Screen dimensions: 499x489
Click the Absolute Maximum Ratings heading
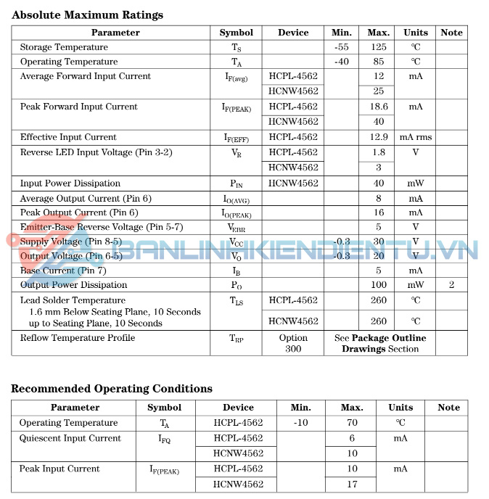coord(87,15)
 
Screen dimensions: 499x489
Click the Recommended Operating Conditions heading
coord(112,389)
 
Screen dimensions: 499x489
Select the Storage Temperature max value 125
coord(379,47)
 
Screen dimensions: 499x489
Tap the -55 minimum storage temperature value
coord(342,47)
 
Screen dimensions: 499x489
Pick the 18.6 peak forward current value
coord(379,107)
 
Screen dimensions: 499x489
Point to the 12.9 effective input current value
coord(379,137)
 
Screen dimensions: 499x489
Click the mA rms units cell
coord(415,137)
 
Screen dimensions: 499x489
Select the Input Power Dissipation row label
coord(70,183)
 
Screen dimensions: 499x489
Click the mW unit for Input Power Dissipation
coord(416,183)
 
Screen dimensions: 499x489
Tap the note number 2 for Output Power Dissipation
coord(451,285)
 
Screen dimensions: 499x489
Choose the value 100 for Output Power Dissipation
coord(379,285)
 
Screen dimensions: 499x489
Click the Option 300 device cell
coord(293,343)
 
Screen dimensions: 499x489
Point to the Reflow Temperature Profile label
coord(78,338)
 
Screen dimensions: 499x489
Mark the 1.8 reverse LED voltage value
coord(379,152)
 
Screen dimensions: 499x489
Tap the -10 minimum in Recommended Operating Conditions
coord(300,423)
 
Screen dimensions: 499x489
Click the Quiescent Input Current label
coord(70,438)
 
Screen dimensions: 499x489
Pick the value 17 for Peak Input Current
coord(352,484)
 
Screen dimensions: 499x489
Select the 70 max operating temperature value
coord(352,423)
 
